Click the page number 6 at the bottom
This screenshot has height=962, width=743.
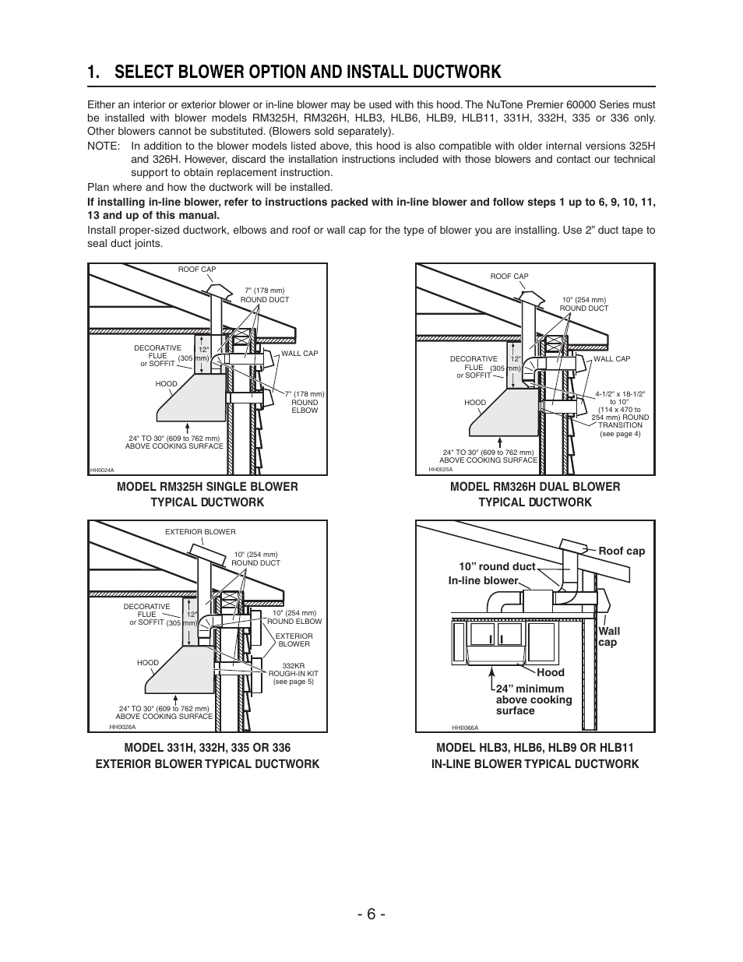[x=371, y=914]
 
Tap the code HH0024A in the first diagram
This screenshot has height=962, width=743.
[x=102, y=470]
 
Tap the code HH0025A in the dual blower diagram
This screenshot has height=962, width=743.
[x=440, y=469]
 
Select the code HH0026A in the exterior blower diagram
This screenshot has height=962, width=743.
[x=122, y=727]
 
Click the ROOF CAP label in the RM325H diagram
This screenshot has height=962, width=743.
[x=197, y=270]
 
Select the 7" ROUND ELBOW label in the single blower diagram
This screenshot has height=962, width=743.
[x=305, y=402]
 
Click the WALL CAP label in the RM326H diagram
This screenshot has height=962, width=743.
[x=611, y=359]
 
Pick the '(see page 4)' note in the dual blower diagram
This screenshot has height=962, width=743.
[x=620, y=434]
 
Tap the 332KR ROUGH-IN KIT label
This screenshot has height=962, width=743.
[x=293, y=674]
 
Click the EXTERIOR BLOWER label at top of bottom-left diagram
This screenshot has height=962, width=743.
[x=200, y=532]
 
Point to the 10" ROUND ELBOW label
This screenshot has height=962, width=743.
[x=294, y=617]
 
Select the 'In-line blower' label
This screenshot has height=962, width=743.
[x=483, y=580]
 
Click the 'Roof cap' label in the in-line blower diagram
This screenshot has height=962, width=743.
[x=622, y=551]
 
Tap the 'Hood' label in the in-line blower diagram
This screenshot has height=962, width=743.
[x=550, y=672]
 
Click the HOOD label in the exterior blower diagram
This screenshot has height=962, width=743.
[x=148, y=663]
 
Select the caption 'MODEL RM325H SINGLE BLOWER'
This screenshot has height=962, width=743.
[x=207, y=487]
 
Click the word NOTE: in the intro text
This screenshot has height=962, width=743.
[x=104, y=146]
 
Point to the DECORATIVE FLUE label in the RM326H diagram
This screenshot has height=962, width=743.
[x=474, y=363]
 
